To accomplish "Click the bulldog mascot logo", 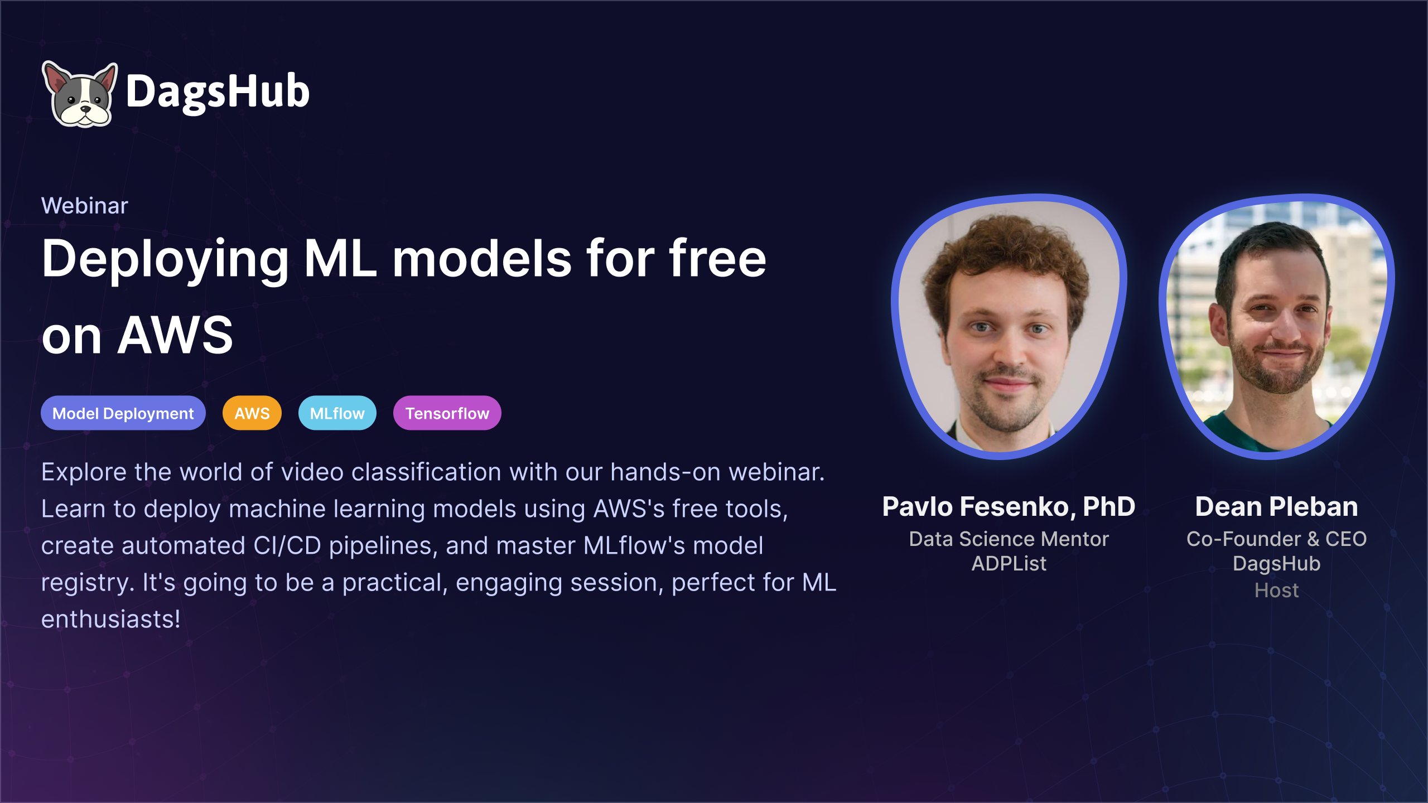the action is pos(80,94).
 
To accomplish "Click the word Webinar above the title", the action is pos(85,206).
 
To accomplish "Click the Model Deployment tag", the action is pos(123,413).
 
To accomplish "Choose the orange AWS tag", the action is pos(252,413).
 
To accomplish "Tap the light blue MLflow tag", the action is pos(337,413).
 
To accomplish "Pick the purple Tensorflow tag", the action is pos(447,413).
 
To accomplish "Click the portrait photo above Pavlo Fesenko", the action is pos(1009,326).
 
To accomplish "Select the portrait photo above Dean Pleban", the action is pos(1276,326).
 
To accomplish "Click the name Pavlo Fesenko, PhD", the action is pos(1009,507).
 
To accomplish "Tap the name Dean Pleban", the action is pos(1277,507).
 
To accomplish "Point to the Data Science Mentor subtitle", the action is pos(1009,539).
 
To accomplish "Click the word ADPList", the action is pos(1009,564).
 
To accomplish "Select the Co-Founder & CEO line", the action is pos(1277,539).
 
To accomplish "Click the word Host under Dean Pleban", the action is pos(1277,591).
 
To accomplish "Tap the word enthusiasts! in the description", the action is pos(111,620).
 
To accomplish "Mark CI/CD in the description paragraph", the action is pos(287,546).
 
